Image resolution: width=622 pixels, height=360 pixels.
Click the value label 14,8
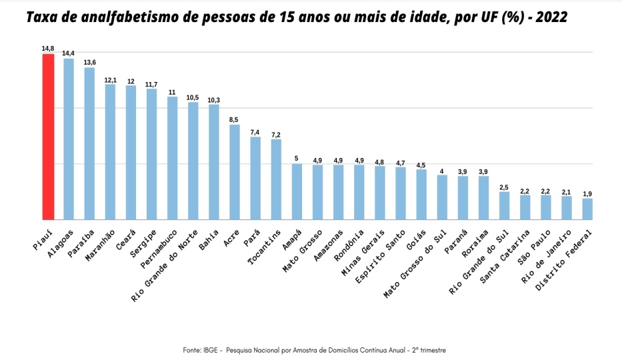[48, 48]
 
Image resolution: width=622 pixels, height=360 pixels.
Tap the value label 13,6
[89, 62]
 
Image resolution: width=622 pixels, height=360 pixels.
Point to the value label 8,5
[235, 119]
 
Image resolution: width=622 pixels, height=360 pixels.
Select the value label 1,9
[587, 193]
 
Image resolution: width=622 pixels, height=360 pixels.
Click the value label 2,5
[504, 187]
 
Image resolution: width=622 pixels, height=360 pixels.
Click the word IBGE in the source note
[212, 350]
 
